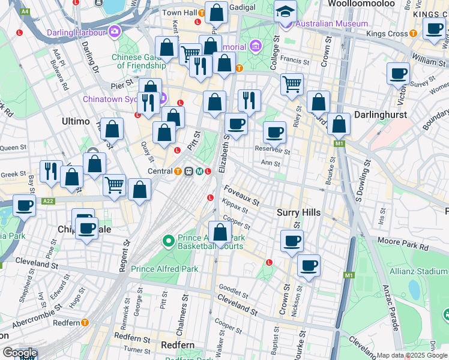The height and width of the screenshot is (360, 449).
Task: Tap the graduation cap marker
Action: click(x=285, y=11)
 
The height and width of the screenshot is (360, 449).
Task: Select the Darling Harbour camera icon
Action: click(x=115, y=31)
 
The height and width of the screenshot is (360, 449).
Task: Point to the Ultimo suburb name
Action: click(x=76, y=121)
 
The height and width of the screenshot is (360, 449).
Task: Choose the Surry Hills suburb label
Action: click(x=299, y=212)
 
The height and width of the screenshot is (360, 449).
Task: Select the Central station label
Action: click(x=160, y=171)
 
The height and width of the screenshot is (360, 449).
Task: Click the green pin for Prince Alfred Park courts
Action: click(x=168, y=241)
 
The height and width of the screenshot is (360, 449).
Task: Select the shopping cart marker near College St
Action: click(x=292, y=84)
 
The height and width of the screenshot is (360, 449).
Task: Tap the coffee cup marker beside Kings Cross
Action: click(x=433, y=28)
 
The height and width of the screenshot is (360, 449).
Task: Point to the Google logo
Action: click(x=20, y=353)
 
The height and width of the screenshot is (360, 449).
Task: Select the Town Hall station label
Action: click(x=179, y=12)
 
